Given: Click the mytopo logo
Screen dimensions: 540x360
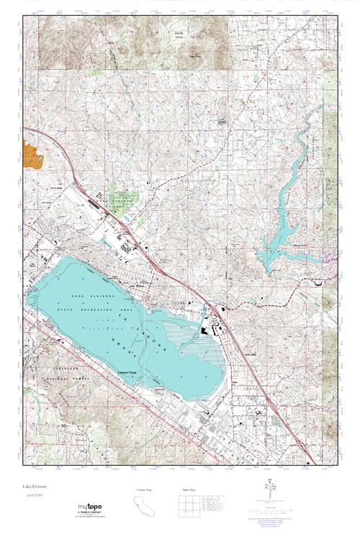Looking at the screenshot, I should click(x=90, y=508).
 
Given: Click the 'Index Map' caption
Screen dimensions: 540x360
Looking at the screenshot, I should click(x=189, y=490).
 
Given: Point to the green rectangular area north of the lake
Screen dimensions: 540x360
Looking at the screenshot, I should click(x=121, y=196).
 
